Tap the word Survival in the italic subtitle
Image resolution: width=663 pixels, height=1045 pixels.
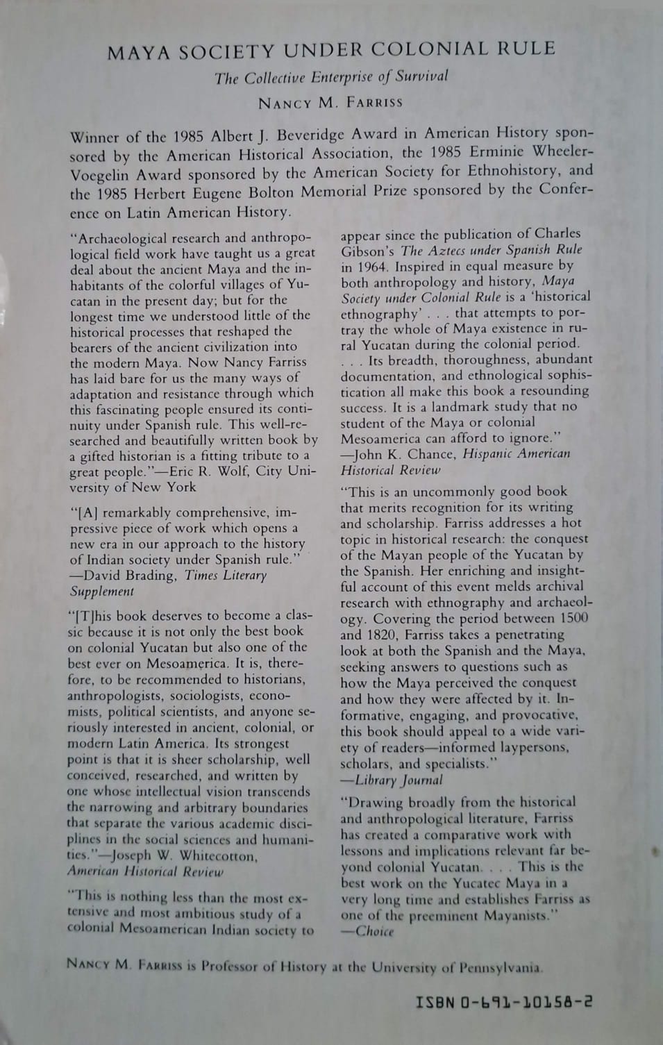coord(422,76)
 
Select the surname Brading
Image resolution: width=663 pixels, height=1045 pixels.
coord(152,576)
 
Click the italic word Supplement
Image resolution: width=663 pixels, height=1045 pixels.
coord(102,592)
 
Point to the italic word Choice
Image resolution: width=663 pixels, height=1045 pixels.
coord(374,931)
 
